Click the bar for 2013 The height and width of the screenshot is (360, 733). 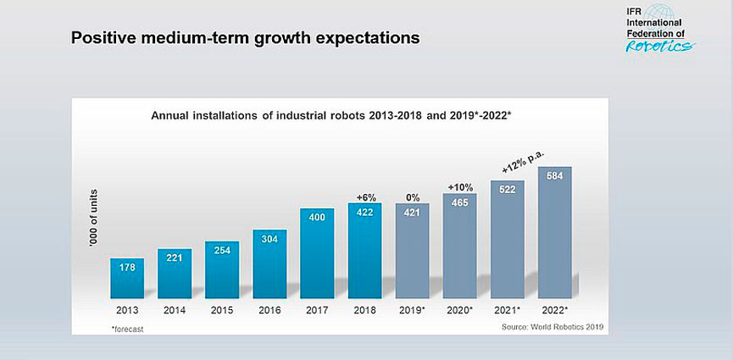pos(126,278)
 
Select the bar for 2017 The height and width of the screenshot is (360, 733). pos(317,253)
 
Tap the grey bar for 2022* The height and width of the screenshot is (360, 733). pos(555,232)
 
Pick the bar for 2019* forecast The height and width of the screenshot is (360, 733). pos(412,251)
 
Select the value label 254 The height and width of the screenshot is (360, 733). pos(222,251)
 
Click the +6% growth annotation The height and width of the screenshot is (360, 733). pos(365,197)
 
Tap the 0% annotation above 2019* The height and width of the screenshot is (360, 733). pos(413,197)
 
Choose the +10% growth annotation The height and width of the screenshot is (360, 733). pos(460,187)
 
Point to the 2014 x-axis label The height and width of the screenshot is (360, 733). pos(174,310)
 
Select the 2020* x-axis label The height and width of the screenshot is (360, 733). pos(460,310)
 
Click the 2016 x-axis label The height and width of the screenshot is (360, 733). pos(269,310)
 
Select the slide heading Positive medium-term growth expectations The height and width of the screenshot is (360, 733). pos(245,38)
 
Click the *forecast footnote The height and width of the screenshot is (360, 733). pos(125,327)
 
